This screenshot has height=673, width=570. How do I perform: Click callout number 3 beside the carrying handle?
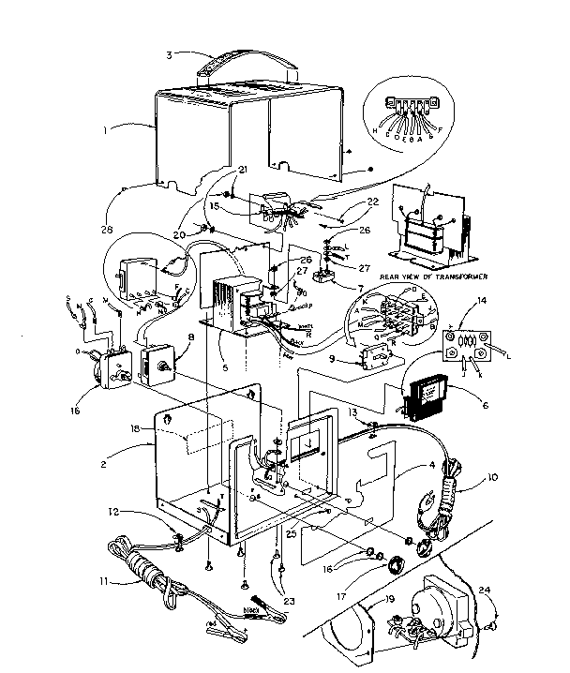tap(169, 53)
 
